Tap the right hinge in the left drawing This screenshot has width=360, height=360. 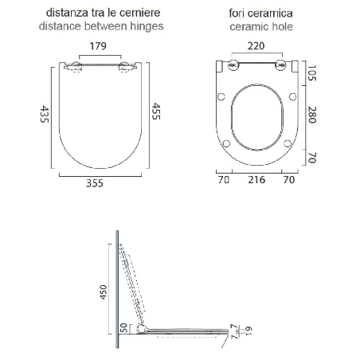click(124, 67)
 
